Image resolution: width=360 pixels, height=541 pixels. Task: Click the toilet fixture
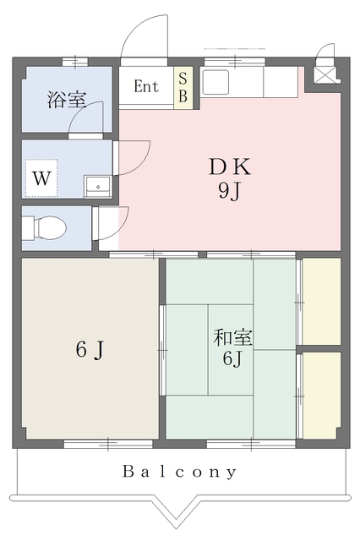[x=45, y=227]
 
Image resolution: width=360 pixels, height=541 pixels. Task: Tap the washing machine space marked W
[x=41, y=178]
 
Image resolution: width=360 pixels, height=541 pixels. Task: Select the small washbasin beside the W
[x=98, y=186]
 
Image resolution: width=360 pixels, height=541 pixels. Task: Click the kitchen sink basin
[x=215, y=82]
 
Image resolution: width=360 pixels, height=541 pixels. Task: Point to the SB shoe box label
[x=183, y=88]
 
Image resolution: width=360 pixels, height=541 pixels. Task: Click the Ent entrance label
[x=146, y=86]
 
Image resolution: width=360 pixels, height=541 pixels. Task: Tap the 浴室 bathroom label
[x=66, y=100]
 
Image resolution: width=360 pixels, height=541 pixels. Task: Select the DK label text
[x=230, y=167]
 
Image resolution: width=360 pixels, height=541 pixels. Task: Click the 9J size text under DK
[x=229, y=190]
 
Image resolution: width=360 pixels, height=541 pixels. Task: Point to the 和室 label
[x=232, y=337]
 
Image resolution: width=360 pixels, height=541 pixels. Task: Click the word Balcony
[x=180, y=472]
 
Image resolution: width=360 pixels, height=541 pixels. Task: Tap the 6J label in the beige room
[x=90, y=350]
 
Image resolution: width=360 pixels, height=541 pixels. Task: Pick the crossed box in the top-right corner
[x=325, y=75]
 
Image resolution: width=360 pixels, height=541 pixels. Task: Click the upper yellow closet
[x=321, y=301]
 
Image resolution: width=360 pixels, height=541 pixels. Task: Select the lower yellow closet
[x=321, y=396]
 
